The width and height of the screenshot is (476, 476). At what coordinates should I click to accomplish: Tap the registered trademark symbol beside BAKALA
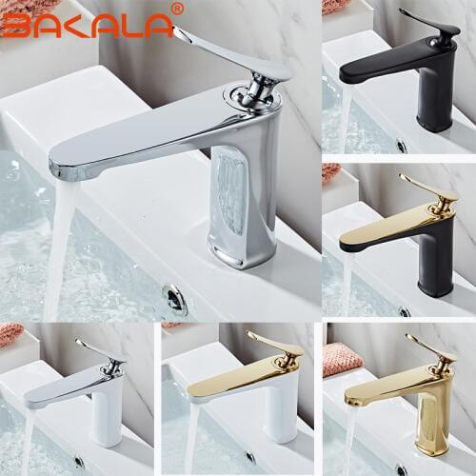click(x=176, y=9)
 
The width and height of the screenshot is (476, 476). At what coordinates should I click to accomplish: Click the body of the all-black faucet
click(x=435, y=95)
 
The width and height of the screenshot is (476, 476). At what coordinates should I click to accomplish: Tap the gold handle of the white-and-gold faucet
click(x=274, y=342)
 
